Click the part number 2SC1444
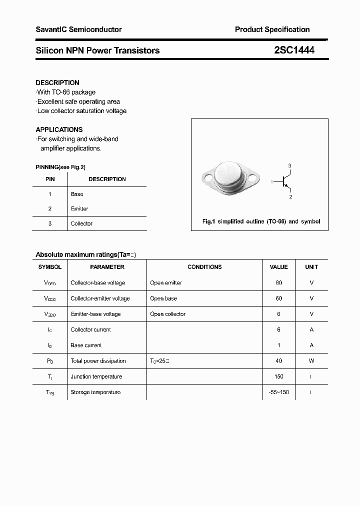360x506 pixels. (x=294, y=50)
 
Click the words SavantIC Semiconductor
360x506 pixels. (x=78, y=29)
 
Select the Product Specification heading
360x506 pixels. (x=272, y=29)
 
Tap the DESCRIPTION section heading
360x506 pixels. (x=57, y=82)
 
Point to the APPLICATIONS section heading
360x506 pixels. (x=59, y=129)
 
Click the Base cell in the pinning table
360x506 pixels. (x=77, y=194)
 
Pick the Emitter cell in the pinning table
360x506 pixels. (x=79, y=208)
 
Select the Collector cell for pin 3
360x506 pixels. (x=81, y=223)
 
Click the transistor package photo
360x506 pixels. (x=230, y=177)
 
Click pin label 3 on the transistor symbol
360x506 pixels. (x=289, y=165)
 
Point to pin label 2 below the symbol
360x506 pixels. (x=290, y=197)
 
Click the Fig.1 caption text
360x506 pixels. (x=261, y=221)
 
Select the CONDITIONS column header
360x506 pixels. (x=204, y=267)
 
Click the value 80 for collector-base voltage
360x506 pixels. (x=278, y=282)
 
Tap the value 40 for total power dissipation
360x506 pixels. (x=278, y=361)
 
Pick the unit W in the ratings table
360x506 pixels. (x=311, y=361)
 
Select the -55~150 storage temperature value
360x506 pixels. (x=278, y=392)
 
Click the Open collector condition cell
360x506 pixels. (x=167, y=314)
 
